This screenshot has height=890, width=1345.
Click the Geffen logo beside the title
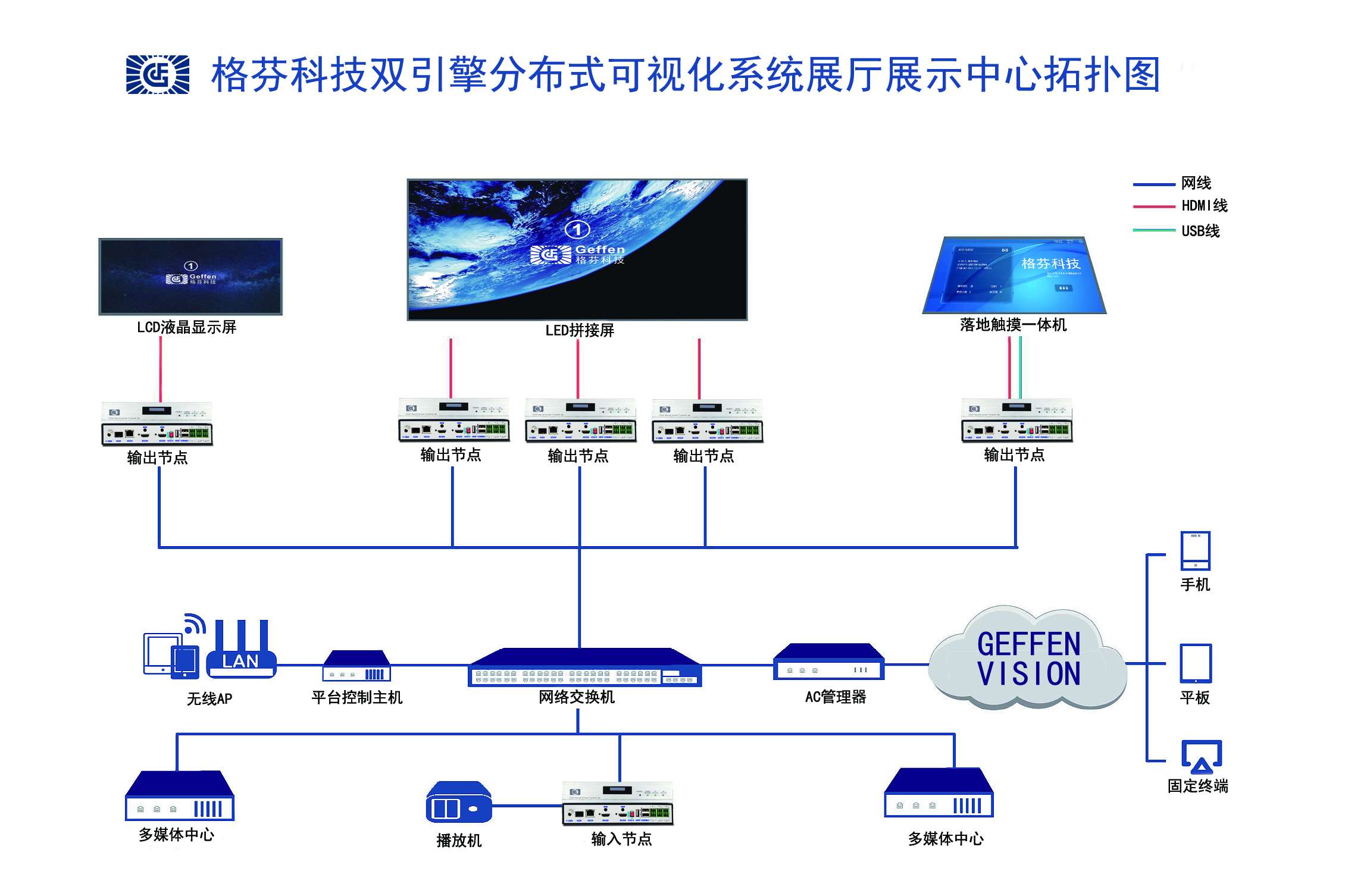(158, 75)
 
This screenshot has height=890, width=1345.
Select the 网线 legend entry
(1196, 183)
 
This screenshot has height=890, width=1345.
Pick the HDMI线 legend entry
(1204, 206)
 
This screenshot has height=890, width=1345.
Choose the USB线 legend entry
(1200, 231)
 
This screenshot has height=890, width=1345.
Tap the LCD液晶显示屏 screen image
(190, 277)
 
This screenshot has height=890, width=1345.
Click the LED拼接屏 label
(580, 331)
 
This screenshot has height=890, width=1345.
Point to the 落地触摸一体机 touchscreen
(1015, 275)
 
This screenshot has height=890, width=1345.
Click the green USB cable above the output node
(1021, 367)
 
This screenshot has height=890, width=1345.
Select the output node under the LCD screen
(157, 424)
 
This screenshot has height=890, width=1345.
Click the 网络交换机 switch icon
(585, 667)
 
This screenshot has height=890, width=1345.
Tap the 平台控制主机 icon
(356, 666)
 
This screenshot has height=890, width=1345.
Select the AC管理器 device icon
(828, 662)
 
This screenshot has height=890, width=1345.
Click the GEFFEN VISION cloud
(1028, 659)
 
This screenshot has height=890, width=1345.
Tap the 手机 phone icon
(1195, 551)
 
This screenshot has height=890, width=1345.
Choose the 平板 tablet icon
(1196, 663)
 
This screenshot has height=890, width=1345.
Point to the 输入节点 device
(618, 804)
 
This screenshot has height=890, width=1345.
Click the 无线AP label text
(209, 699)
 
